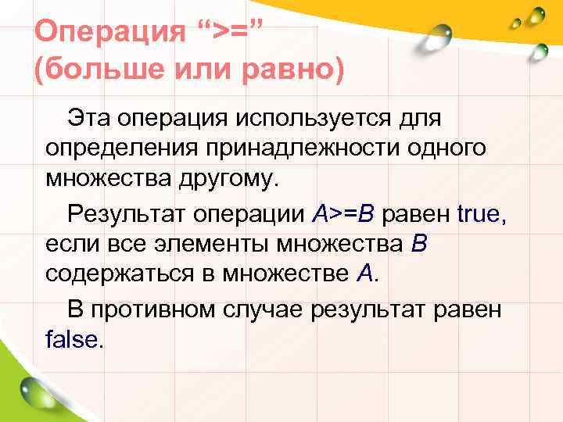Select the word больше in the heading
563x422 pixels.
click(102, 72)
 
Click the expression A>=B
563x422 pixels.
click(344, 212)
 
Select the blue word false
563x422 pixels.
click(72, 339)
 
